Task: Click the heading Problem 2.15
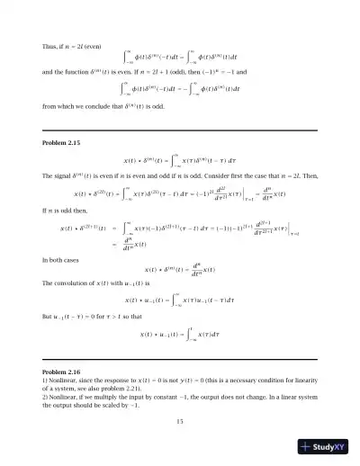coord(63,143)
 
